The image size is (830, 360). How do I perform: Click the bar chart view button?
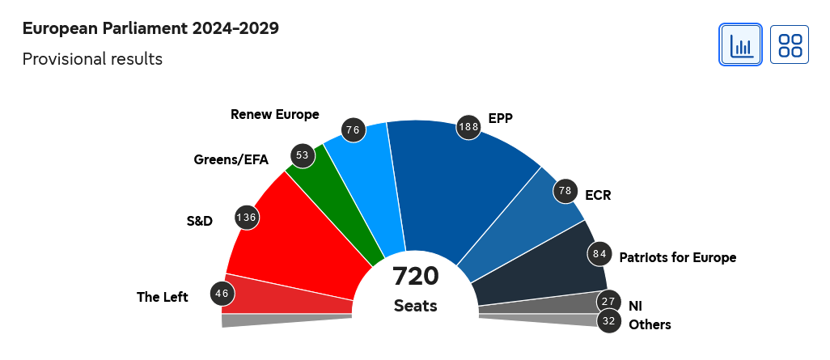pos(740,44)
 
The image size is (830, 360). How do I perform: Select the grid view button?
pos(790,44)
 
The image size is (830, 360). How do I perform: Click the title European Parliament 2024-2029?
pos(150,28)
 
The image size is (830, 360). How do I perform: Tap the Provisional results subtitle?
pos(92,59)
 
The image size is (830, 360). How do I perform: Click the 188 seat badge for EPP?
pos(469,126)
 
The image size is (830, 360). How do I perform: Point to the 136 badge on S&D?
pos(247,217)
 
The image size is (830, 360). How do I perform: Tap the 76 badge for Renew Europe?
pos(354,129)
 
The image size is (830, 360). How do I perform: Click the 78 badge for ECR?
pos(565,191)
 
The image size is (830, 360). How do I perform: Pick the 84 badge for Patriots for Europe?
pos(599,253)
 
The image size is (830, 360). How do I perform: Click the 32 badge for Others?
pos(609,321)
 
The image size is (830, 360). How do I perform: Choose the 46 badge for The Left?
pos(222,293)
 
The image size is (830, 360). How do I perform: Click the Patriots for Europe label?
pos(677,258)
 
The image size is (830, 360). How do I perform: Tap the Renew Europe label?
pos(274,114)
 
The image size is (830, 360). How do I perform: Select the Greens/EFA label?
pos(231,159)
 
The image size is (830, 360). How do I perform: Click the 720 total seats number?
pos(416,276)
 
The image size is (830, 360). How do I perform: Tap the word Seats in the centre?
pos(416,306)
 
